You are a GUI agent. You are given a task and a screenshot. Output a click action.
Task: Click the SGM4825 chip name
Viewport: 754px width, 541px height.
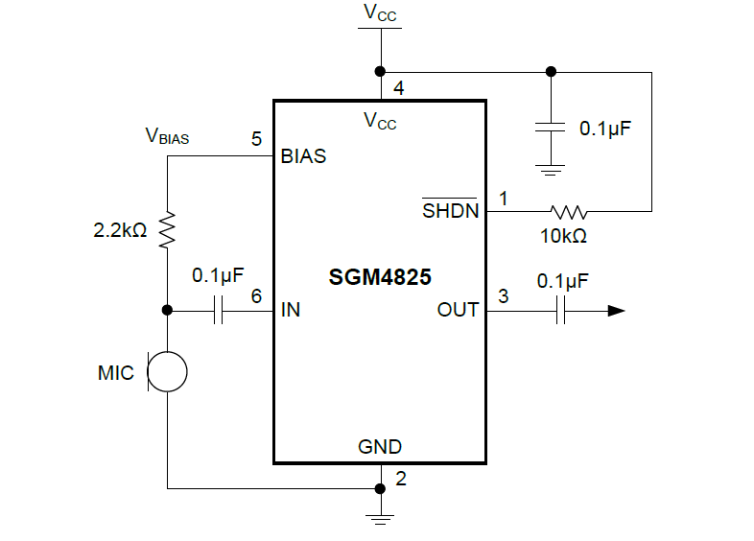click(x=380, y=278)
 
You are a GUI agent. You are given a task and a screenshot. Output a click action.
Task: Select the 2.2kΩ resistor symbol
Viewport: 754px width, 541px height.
click(x=167, y=228)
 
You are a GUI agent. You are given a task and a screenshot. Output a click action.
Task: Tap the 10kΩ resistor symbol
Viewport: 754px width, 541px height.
click(x=568, y=211)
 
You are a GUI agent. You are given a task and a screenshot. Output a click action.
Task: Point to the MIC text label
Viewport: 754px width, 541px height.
click(x=115, y=372)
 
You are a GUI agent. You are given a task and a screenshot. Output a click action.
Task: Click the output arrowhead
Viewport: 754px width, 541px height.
click(x=616, y=311)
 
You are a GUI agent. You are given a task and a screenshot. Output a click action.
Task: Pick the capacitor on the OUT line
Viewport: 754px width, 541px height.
click(x=561, y=311)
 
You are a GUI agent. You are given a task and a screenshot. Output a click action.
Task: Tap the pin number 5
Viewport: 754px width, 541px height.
click(x=256, y=139)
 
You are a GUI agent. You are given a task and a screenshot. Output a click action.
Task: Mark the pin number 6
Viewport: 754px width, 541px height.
click(x=256, y=296)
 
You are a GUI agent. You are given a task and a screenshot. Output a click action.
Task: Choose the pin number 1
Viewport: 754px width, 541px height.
click(x=502, y=198)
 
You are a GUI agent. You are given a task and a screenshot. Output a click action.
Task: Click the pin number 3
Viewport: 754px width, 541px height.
click(x=503, y=296)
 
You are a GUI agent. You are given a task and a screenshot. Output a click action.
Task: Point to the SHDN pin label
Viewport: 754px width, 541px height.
click(x=451, y=211)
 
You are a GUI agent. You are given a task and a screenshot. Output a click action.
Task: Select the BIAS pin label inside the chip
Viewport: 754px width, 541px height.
click(x=303, y=156)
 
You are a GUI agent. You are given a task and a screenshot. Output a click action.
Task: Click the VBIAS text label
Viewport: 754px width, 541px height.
click(x=167, y=137)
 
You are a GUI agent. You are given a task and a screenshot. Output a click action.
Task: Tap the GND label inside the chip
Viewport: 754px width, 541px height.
click(x=380, y=447)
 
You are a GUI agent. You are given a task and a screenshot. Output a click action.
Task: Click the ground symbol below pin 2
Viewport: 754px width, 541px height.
click(x=381, y=519)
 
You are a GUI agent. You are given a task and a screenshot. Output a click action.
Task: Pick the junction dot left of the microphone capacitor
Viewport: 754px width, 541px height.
click(x=167, y=311)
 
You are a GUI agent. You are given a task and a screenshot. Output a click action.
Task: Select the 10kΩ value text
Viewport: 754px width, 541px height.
click(x=565, y=234)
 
